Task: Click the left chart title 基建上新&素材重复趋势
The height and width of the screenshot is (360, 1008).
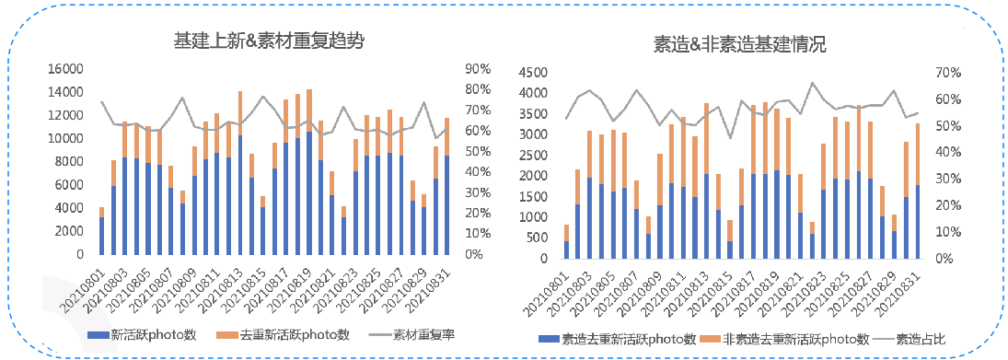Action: (x=261, y=41)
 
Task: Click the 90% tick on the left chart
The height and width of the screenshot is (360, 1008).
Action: (x=480, y=69)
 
